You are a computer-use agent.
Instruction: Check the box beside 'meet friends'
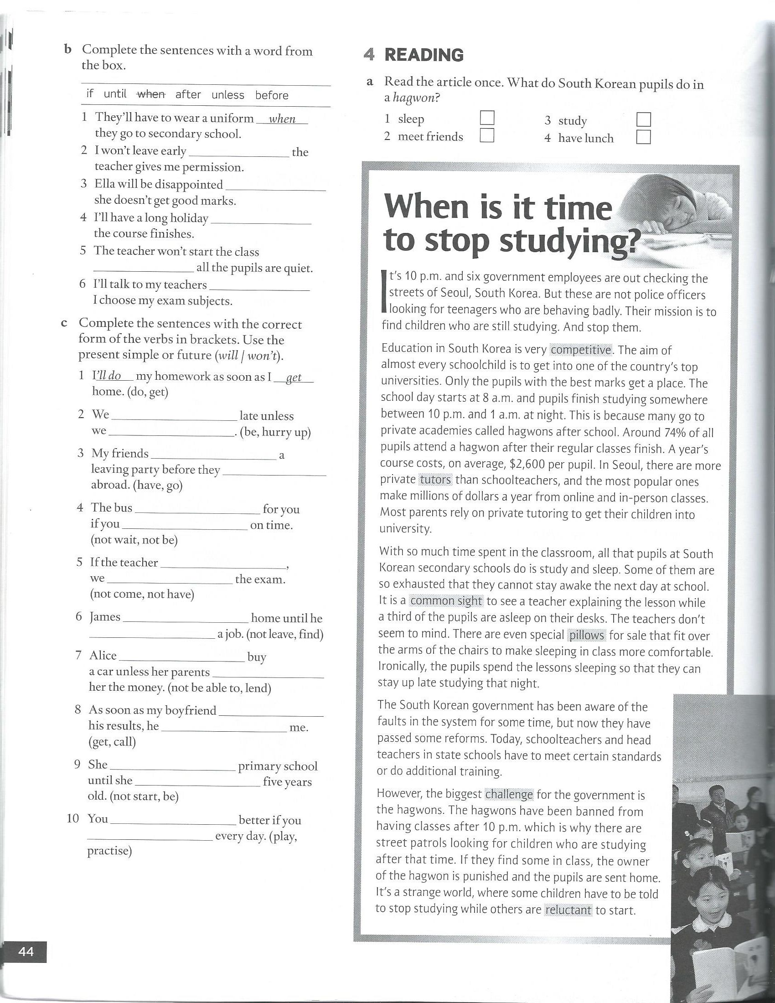487,135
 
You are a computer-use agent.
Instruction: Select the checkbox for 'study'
644,120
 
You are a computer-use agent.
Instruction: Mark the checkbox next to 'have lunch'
644,137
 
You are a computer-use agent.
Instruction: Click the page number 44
26,951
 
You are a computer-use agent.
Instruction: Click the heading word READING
424,55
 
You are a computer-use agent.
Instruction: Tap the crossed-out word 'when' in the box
151,95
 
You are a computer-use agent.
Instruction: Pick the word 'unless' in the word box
228,95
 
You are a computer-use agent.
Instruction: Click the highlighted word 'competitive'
581,350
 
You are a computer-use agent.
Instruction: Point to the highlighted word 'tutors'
435,480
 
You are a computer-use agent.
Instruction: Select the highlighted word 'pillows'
587,635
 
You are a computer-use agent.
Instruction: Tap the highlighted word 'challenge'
509,795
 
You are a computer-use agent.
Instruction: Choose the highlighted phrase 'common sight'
446,601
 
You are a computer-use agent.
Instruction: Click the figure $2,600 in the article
528,464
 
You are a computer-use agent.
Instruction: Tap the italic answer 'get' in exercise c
294,377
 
